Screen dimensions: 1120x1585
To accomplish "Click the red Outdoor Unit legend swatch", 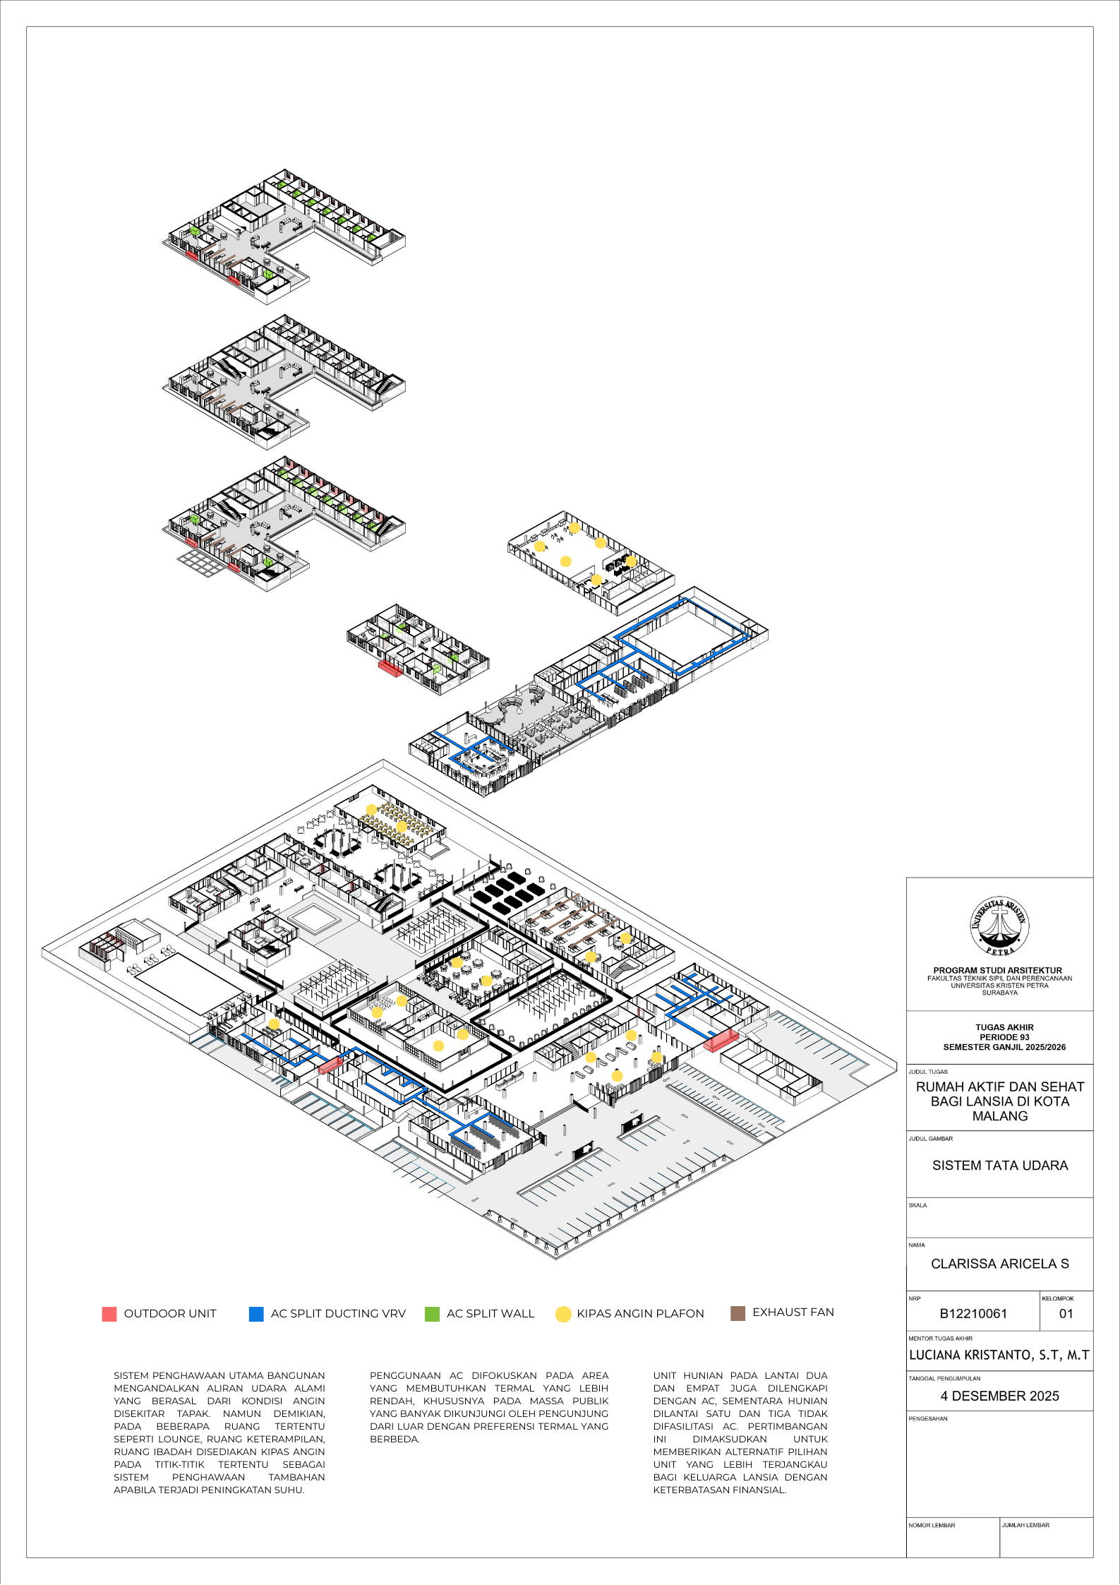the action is click(109, 1314).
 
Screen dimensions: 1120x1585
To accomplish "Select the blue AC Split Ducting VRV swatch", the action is click(256, 1314).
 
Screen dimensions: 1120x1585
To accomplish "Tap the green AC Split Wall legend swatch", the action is click(432, 1314).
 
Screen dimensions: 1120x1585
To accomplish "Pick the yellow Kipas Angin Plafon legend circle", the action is click(563, 1314).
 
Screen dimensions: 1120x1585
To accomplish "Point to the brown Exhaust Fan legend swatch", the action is click(737, 1313).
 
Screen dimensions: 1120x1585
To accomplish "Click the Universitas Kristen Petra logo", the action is click(999, 927).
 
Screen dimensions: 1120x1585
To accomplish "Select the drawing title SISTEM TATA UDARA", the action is click(1000, 1165).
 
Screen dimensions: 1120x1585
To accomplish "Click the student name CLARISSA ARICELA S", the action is click(1000, 1264).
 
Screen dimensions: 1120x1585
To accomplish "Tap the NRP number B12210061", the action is click(973, 1313).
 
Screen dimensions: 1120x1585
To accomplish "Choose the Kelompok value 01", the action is click(1066, 1313).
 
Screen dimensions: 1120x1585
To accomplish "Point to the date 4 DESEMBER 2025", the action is click(1000, 1396).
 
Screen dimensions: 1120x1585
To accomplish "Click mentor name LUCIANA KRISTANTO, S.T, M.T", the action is click(999, 1355).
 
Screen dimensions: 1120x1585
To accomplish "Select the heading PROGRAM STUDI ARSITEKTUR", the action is click(998, 971).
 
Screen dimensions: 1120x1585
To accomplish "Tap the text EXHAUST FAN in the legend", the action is click(793, 1312).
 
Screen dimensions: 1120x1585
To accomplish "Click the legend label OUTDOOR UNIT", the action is click(170, 1314).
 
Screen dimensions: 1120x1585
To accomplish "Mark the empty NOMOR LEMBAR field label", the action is click(932, 1525).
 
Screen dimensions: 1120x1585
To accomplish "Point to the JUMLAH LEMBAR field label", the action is click(1025, 1525).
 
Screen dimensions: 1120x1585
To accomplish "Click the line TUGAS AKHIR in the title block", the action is click(1004, 1027).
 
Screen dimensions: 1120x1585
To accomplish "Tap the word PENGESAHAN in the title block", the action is click(928, 1418).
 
